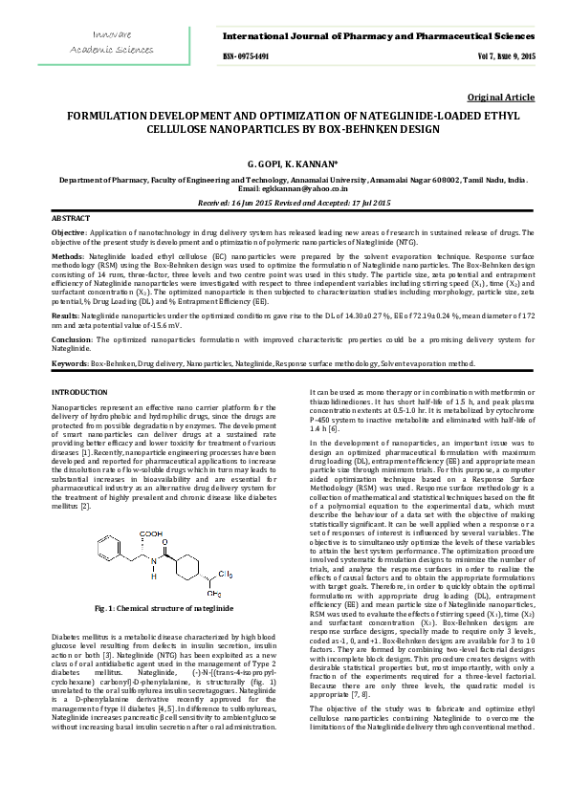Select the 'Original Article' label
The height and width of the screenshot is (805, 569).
pyautogui.click(x=500, y=98)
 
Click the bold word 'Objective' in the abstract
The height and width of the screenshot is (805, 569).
pyautogui.click(x=68, y=232)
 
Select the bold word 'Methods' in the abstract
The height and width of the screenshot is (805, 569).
pyautogui.click(x=66, y=257)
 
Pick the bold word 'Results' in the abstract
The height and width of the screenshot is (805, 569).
pyautogui.click(x=64, y=314)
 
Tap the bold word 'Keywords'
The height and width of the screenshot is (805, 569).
pyautogui.click(x=70, y=363)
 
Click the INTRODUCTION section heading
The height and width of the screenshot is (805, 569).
pyautogui.click(x=79, y=393)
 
